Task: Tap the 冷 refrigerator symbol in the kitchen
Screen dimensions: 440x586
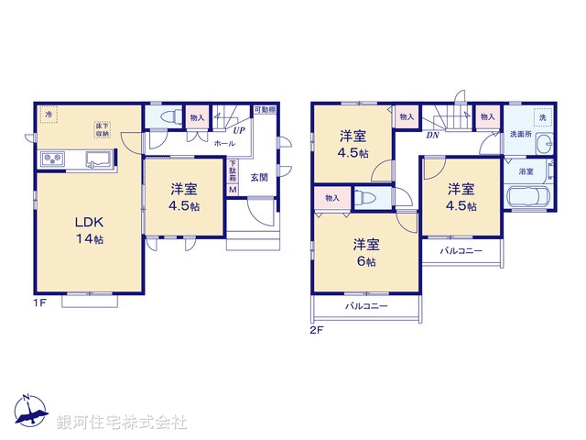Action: click(x=50, y=115)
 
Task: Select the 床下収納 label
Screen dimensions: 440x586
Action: click(x=102, y=129)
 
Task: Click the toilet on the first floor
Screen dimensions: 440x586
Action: click(x=168, y=118)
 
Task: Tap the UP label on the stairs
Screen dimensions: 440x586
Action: click(x=238, y=131)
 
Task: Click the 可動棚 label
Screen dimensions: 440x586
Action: click(x=265, y=110)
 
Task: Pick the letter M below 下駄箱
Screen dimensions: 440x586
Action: click(x=233, y=190)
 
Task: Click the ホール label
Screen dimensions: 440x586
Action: click(x=222, y=145)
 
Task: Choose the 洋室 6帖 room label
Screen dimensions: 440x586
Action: click(x=367, y=252)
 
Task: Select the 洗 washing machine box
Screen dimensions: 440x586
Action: click(x=542, y=117)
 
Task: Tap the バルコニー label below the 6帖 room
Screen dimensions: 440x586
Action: click(x=366, y=306)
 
